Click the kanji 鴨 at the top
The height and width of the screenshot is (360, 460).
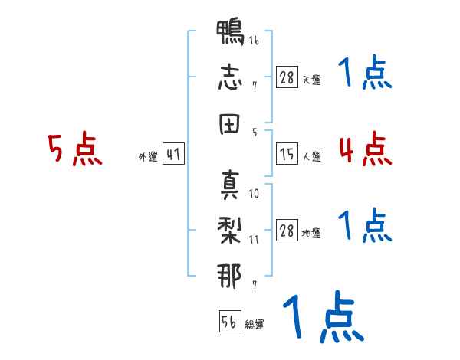coord(230,32)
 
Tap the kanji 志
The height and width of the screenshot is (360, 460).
coord(230,77)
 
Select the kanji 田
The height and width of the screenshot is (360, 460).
coord(229,124)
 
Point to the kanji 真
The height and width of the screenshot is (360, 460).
coord(230,185)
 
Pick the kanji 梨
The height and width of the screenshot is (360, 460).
coord(230,231)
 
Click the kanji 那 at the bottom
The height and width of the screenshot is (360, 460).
coord(229,276)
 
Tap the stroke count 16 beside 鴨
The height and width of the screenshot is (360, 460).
coord(254,40)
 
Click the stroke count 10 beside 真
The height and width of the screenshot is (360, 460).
coord(254,194)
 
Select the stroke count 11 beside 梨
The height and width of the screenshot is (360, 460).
coord(254,240)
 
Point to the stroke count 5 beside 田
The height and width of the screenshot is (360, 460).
coord(255,133)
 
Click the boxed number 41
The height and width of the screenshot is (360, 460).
coord(173,154)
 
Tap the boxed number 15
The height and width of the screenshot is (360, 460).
coord(287,154)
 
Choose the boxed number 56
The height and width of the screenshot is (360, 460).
coord(230,321)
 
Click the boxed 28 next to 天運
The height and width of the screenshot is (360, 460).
coord(287,77)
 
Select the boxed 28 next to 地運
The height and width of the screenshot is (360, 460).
coord(287,230)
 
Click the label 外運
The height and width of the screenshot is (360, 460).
coord(148,157)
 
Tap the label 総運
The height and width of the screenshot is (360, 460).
coord(255,325)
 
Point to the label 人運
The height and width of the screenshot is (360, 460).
coord(311,157)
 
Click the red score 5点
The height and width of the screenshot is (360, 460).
coord(75,149)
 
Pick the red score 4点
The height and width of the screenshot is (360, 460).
coord(366,149)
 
